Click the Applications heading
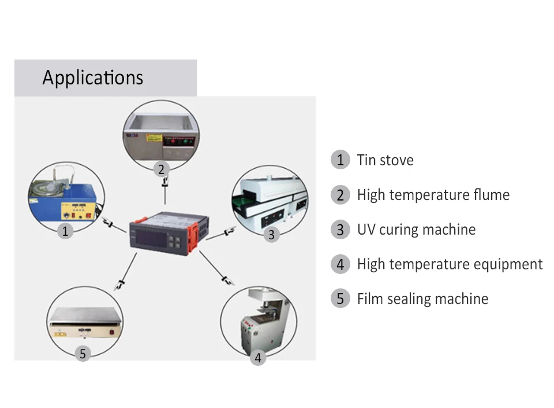pos(92,77)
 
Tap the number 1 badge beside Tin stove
pos(340,160)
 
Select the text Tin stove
pos(385,160)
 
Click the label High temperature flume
pos(433,195)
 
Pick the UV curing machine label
pos(416,229)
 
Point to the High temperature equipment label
pos(450,264)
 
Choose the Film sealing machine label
pos(422,299)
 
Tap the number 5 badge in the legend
pos(340,299)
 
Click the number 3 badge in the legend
pos(340,229)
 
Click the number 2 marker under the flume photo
pos(162,169)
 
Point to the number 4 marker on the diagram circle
pos(258,358)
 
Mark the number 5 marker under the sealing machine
pos(83,354)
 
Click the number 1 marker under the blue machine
pos(65,231)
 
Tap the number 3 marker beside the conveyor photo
pos(271,235)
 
